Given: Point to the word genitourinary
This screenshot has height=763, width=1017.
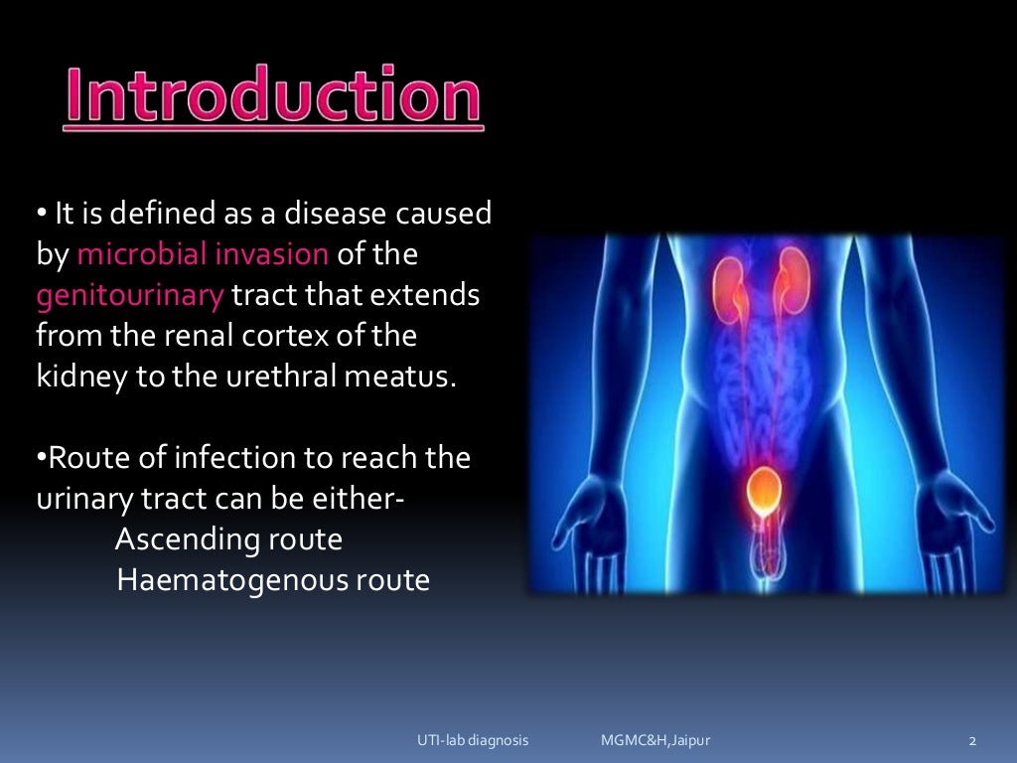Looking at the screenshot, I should tap(130, 295).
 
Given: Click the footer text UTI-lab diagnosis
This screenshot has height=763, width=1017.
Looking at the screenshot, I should tap(472, 740).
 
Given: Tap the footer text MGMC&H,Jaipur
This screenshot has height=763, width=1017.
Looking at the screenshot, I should tap(655, 740).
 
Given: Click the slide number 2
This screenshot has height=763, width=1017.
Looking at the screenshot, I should tap(973, 740).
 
